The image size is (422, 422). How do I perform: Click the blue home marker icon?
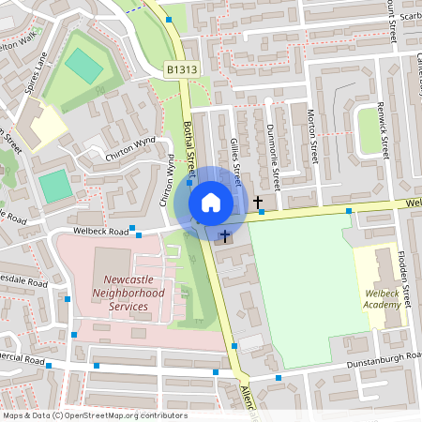[x=211, y=202]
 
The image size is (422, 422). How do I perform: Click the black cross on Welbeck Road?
[x=258, y=202]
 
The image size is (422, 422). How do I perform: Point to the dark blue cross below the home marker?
[x=225, y=236]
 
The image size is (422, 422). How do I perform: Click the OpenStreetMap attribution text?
[x=95, y=414]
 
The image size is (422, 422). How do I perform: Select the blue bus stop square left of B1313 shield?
[x=169, y=19]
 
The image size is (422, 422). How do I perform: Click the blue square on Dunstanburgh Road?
[x=278, y=378]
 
